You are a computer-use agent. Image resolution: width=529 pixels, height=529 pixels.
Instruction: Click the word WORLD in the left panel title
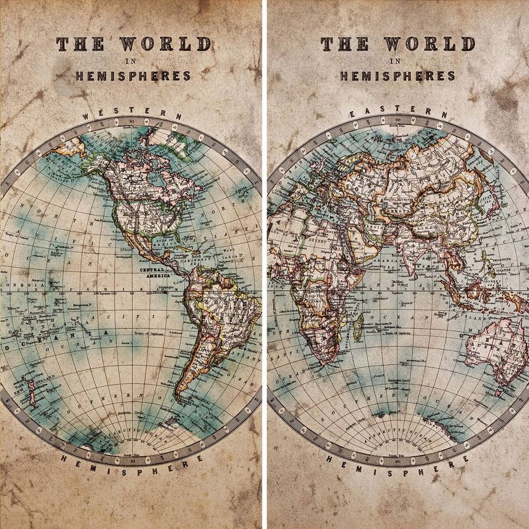click(165, 44)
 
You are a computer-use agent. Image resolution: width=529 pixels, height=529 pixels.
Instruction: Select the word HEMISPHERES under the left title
click(133, 76)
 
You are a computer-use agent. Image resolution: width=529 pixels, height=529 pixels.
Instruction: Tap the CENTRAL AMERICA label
click(153, 274)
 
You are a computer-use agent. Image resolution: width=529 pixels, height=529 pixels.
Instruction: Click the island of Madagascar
click(358, 327)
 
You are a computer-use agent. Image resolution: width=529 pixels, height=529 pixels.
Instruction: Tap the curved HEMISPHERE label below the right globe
click(397, 459)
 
